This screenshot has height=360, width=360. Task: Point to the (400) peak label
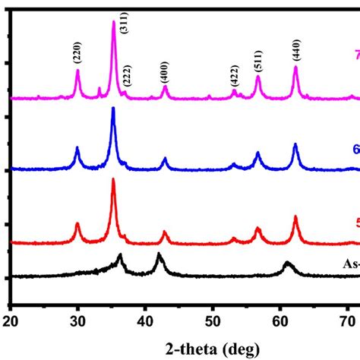165,72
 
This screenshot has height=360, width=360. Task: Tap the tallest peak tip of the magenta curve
114,21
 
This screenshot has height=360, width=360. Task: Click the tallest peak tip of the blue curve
113,108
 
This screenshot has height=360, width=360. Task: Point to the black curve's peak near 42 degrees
159,254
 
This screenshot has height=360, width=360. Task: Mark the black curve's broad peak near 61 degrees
287,262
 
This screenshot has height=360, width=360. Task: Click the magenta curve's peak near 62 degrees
295,68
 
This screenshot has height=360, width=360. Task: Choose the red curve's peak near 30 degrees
77,223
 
